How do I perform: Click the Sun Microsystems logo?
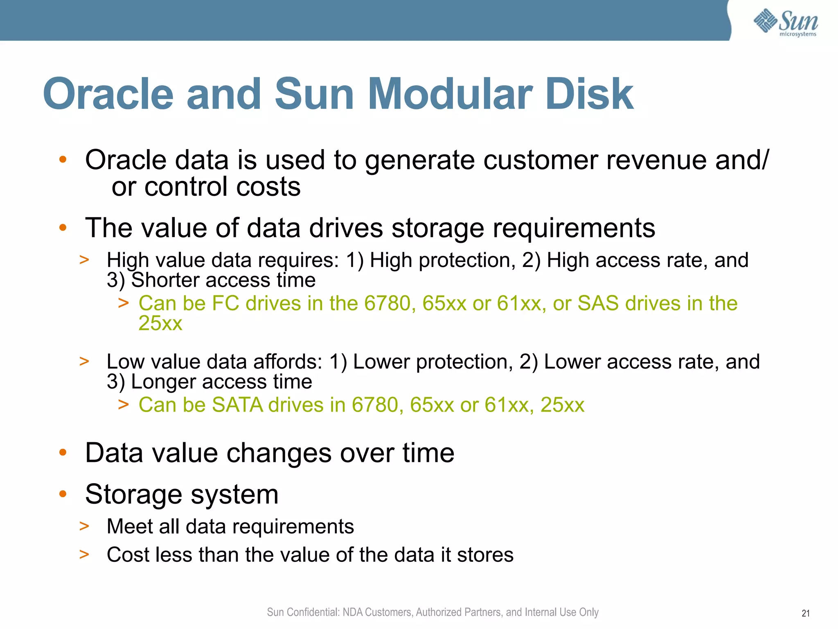coord(785,22)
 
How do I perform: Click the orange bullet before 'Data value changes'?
coord(63,453)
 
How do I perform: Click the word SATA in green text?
coord(237,405)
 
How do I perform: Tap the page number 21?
coord(805,613)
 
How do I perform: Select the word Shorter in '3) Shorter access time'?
coord(166,281)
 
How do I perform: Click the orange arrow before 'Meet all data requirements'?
coord(84,526)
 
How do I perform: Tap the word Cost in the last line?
coord(128,555)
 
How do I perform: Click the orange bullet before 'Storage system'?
coord(63,494)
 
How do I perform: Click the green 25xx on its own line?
coord(160,324)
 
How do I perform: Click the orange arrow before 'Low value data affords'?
coord(84,362)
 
